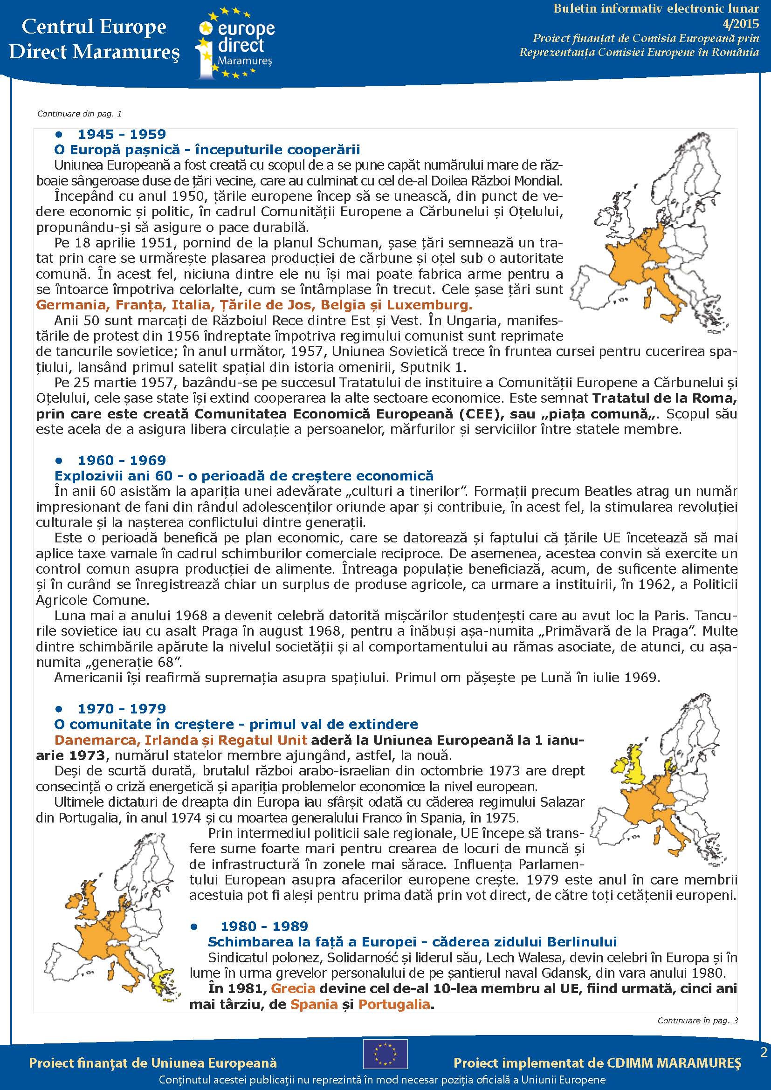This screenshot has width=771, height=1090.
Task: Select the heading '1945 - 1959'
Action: (122, 134)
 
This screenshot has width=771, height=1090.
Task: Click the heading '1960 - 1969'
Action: (122, 460)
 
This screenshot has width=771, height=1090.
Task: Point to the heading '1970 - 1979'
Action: (122, 708)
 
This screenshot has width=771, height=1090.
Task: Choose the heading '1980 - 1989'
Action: (264, 926)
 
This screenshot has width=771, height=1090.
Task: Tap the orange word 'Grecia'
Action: (293, 988)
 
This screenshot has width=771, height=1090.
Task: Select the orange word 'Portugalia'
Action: (394, 1004)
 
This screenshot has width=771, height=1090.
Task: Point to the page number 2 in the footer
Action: (764, 1053)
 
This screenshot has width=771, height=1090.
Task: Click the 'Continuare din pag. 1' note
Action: (79, 114)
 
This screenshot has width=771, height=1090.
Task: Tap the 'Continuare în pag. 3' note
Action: (697, 1020)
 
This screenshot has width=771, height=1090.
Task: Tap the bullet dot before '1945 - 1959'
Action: (59, 135)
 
